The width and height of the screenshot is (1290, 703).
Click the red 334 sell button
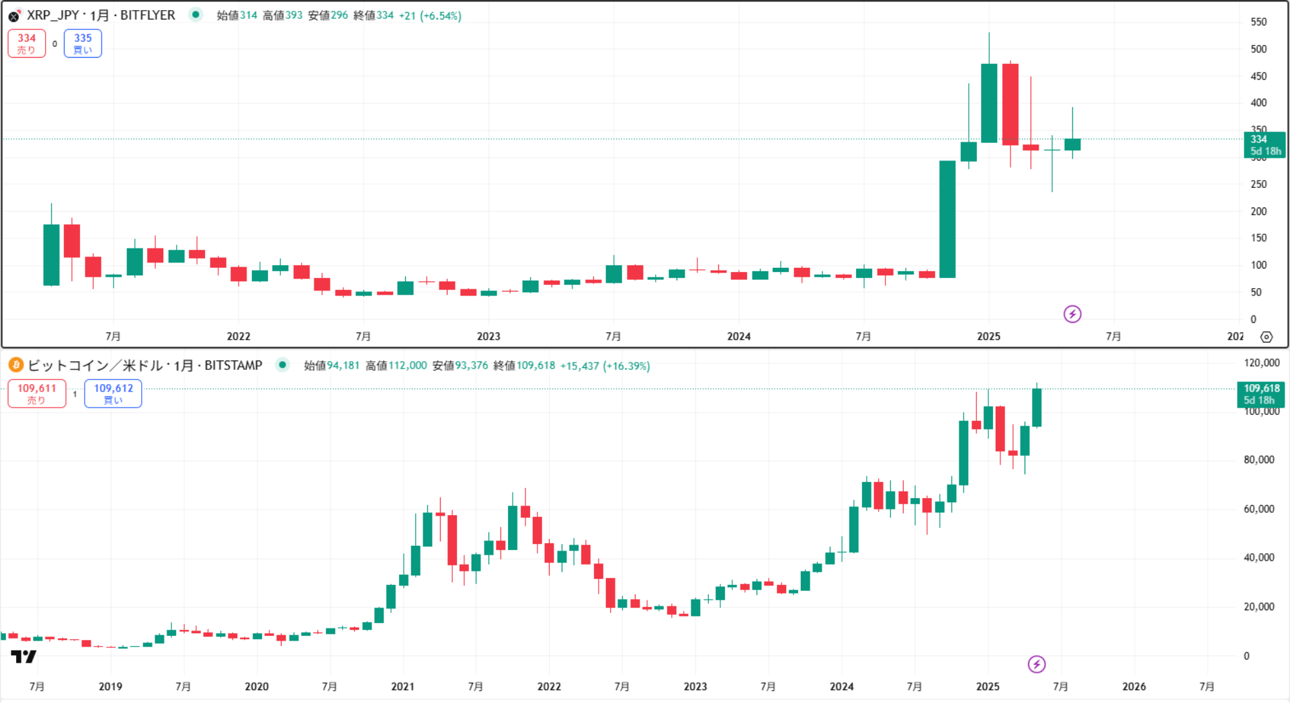coord(27,44)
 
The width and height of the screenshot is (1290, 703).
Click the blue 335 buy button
coord(83,44)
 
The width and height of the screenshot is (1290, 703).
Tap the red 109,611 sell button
coord(37,393)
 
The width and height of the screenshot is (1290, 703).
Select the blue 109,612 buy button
coord(113,393)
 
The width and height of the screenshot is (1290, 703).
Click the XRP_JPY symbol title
coord(101,15)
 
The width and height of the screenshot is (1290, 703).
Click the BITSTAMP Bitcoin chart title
coord(144,365)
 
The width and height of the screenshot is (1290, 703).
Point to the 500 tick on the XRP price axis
coord(1258,49)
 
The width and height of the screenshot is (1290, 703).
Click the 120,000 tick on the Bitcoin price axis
coord(1262,363)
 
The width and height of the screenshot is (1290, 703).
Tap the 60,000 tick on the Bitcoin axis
coord(1258,509)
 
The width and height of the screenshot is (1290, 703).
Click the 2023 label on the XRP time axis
coord(488,336)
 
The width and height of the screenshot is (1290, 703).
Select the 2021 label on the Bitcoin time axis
coord(402,686)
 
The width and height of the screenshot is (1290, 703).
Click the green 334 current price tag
coord(1264,145)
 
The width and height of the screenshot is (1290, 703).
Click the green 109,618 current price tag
coord(1261,394)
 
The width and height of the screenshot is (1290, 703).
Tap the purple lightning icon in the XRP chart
coord(1072,314)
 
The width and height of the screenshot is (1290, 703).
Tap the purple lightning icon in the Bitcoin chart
coord(1037,664)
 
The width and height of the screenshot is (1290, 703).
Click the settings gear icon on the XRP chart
coord(1266,337)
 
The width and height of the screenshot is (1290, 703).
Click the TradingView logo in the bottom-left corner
coord(24,657)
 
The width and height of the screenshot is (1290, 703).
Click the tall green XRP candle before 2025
coord(947,219)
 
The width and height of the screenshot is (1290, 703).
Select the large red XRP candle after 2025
coord(1010,104)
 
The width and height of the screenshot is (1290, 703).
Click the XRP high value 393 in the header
coord(293,15)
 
